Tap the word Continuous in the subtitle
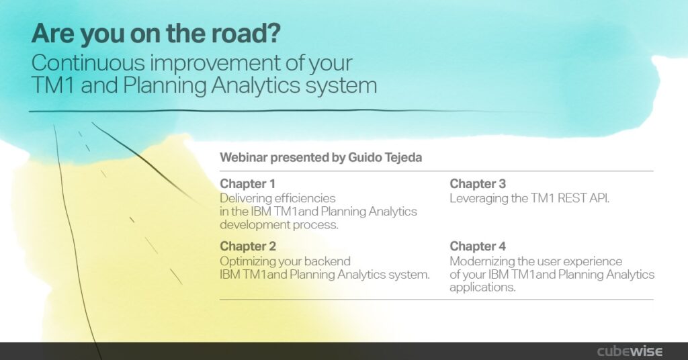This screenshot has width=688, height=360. [88, 62]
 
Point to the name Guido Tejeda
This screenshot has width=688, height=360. [385, 157]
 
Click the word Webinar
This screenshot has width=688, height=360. [243, 157]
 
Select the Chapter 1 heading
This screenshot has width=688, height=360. [247, 184]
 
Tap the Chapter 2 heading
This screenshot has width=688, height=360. [248, 246]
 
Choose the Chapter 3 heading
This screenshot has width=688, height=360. [478, 184]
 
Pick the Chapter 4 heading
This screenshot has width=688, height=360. [478, 246]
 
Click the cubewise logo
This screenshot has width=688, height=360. [630, 351]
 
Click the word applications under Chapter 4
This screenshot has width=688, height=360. [482, 287]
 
